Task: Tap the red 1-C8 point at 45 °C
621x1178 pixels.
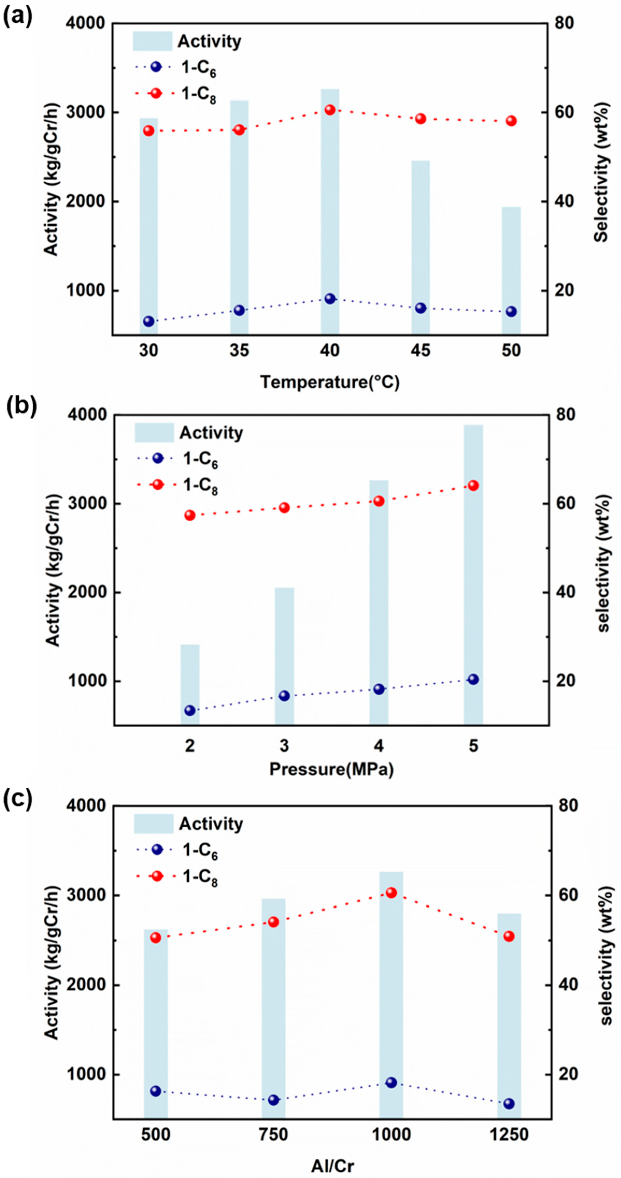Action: tap(420, 119)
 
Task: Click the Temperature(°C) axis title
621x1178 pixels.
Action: tap(330, 382)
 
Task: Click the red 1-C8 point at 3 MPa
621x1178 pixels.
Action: tap(284, 508)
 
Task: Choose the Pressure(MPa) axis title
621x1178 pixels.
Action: tap(331, 769)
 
